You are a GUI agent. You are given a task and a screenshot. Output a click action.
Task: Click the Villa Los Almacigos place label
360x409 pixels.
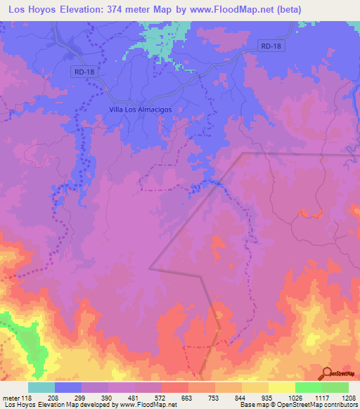[141, 110]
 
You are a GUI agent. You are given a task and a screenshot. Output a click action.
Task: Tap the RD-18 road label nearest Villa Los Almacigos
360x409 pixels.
[83, 72]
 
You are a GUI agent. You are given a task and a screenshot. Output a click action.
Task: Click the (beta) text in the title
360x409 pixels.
[297, 9]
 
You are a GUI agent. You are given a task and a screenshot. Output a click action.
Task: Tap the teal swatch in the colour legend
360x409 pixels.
[41, 387]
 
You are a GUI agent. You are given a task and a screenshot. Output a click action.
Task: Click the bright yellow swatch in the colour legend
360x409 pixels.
[281, 387]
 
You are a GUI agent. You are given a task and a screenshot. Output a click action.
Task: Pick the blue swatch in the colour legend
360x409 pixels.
[68, 387]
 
